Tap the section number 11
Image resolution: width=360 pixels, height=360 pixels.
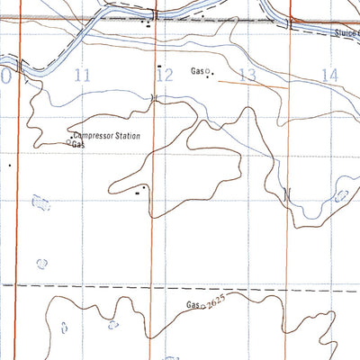(x=83, y=76)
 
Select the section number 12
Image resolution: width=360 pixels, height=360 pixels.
(x=163, y=76)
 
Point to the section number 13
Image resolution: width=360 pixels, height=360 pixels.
(x=248, y=76)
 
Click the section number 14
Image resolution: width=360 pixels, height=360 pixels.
(x=329, y=76)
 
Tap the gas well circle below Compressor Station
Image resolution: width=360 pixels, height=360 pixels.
(x=69, y=143)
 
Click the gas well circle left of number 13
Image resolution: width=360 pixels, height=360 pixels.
(x=208, y=70)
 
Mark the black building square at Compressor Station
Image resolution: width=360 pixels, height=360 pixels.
(x=72, y=137)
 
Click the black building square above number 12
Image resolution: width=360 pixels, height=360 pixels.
(x=159, y=66)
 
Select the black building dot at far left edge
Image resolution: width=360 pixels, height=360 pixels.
(x=10, y=165)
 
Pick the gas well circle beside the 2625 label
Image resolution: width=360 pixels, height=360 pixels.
(x=201, y=307)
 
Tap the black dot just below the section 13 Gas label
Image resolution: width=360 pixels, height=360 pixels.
(x=212, y=76)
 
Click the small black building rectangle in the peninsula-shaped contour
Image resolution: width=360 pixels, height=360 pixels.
(x=138, y=192)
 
